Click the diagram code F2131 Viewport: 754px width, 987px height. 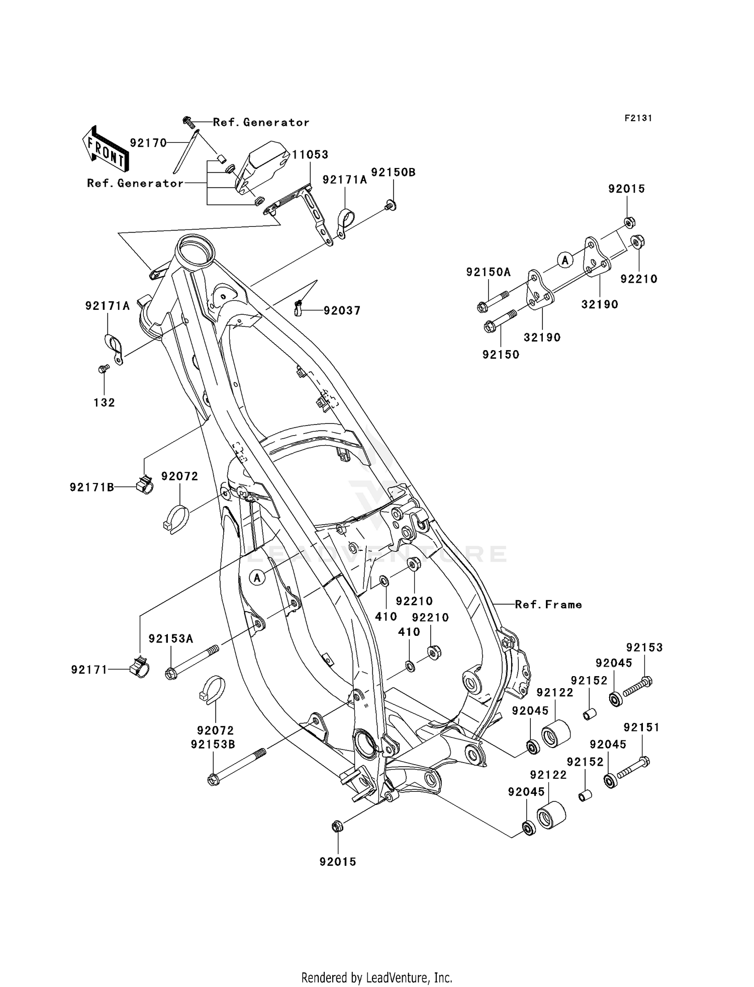tap(638, 118)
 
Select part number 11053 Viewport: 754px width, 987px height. tap(310, 155)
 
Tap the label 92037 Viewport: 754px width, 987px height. tap(342, 311)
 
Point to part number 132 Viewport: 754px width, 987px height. tap(104, 402)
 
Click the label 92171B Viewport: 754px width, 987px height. tap(92, 487)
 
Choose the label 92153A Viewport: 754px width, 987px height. tap(171, 638)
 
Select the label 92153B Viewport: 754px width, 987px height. tap(213, 745)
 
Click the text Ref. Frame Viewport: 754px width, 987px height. tap(548, 605)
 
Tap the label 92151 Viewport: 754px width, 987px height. tap(641, 727)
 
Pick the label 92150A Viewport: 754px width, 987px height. tap(488, 272)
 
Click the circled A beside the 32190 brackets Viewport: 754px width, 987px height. tap(565, 260)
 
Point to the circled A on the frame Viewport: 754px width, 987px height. tap(257, 578)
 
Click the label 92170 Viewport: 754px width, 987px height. tap(148, 143)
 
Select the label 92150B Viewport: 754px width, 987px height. tap(393, 172)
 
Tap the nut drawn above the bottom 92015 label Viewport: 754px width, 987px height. tap(337, 826)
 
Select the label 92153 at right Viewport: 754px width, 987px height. tap(644, 647)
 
